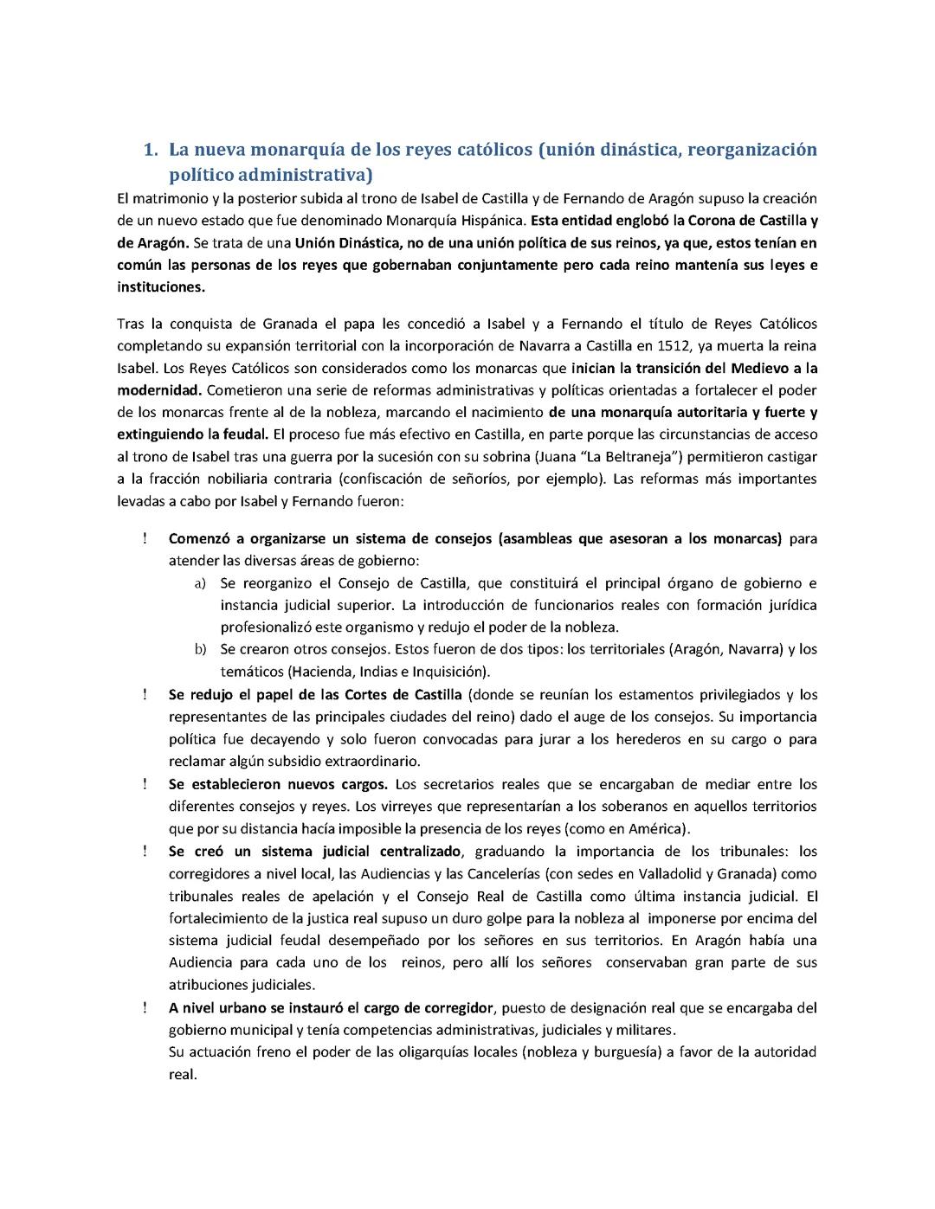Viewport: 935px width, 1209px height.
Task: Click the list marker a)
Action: click(x=200, y=583)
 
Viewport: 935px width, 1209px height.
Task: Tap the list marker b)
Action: click(x=200, y=649)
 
